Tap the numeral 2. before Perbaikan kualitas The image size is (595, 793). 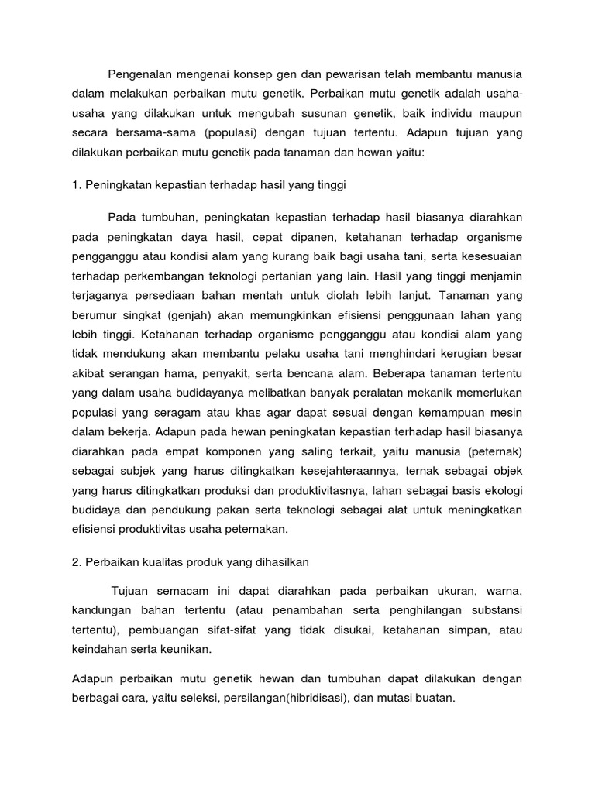point(77,561)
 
